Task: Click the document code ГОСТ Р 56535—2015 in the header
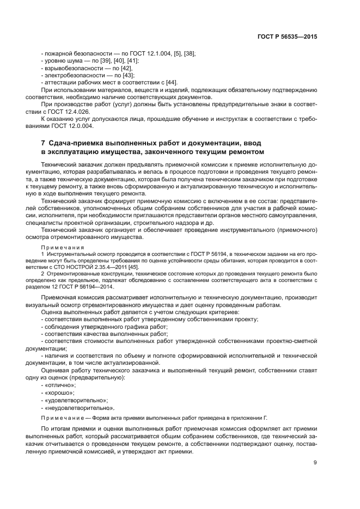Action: tap(289, 37)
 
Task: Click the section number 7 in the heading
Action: tap(43, 142)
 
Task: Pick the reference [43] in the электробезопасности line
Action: tap(127, 75)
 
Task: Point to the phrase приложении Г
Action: tap(250, 418)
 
